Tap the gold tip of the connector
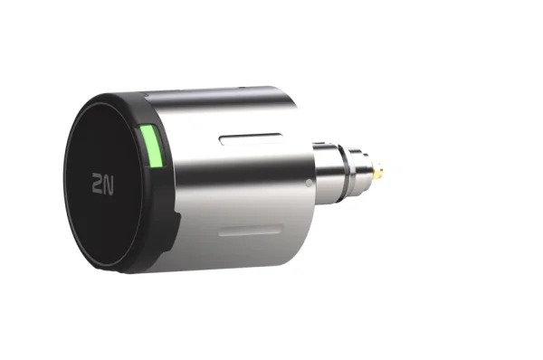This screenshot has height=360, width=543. tap(385, 168)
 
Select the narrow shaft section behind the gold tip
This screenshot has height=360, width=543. tap(371, 168)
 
